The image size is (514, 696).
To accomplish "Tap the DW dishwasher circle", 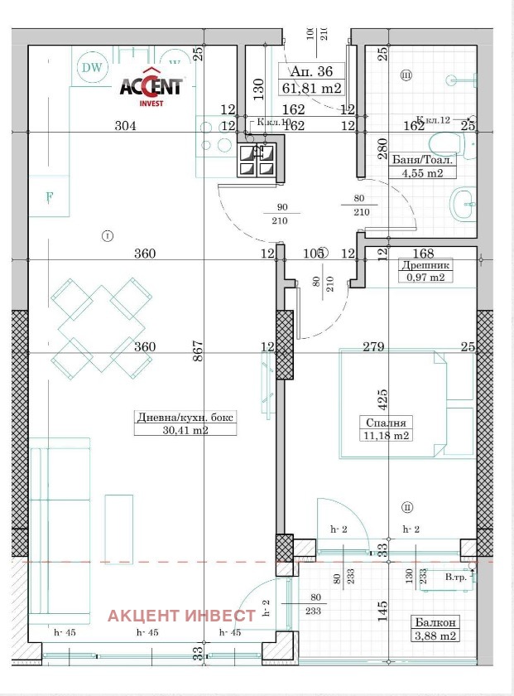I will tap(92, 68).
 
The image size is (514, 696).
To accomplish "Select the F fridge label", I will tap(50, 197).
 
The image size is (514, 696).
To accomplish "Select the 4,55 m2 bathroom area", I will tap(422, 173).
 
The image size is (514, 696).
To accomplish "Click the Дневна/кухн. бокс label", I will tap(186, 417).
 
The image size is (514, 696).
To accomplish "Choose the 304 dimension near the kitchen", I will tap(125, 126).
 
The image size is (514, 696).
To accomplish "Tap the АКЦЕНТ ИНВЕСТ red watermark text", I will tap(182, 615).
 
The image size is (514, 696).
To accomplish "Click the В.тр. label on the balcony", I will tap(455, 577).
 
